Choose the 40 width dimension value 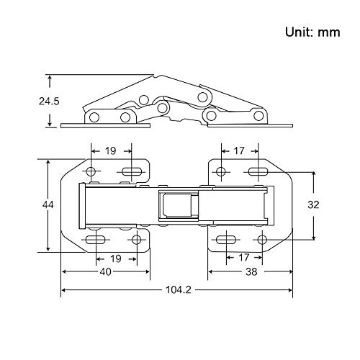[105, 272]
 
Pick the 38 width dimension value [251, 272]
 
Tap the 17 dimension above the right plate [238, 151]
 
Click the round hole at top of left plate [91, 171]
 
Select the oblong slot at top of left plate [130, 171]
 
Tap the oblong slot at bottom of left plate [94, 239]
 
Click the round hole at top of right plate [220, 171]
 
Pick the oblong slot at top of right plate [258, 171]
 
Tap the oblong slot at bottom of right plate [225, 239]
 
